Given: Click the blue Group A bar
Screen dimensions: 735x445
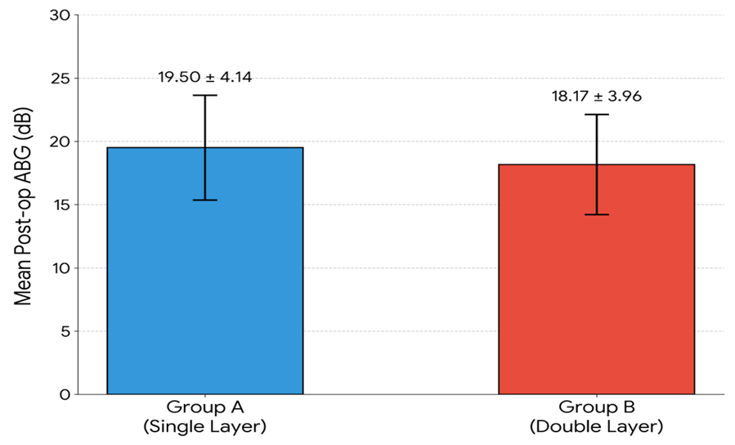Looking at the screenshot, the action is [205, 271].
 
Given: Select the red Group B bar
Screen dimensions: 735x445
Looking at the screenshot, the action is [596, 279].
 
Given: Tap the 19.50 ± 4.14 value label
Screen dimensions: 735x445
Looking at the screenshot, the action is [205, 77].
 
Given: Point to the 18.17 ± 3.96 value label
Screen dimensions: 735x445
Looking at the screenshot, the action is [596, 97].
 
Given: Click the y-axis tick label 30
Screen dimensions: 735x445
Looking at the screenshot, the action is [60, 15].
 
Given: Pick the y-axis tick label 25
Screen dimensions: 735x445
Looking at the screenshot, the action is [60, 79].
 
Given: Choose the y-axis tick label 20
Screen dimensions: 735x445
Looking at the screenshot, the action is [60, 142].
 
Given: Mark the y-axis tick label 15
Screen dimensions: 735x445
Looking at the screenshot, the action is [61, 205].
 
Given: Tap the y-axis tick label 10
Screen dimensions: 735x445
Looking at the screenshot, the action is [61, 268].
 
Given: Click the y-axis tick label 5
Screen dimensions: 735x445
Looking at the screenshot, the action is [65, 331].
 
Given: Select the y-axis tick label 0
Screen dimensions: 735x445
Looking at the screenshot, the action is [65, 395].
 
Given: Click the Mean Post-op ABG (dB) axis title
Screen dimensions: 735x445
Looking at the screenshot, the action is [23, 206].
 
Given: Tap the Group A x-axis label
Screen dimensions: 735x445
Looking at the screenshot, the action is [205, 407].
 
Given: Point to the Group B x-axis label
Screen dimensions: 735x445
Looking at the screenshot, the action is [596, 407].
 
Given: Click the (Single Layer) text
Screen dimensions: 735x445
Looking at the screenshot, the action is [205, 427].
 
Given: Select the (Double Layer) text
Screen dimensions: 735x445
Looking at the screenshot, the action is [596, 427].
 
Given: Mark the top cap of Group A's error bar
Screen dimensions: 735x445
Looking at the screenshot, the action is [205, 95].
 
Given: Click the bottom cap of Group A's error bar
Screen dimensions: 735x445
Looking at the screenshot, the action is [205, 200].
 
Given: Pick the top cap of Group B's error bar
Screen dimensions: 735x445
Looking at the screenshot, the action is [596, 115].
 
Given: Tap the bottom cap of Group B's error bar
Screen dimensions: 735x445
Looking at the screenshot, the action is [596, 215].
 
